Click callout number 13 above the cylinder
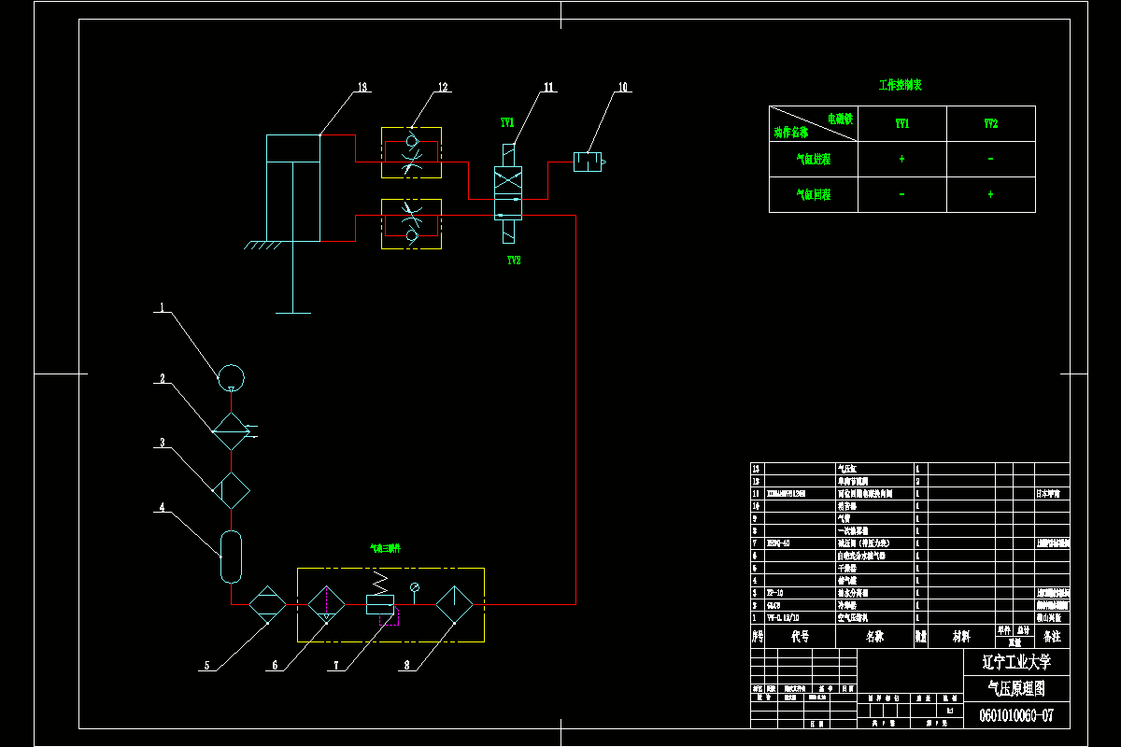[x=362, y=88]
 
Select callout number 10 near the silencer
[x=623, y=88]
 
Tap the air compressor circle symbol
[x=230, y=377]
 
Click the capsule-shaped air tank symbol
[x=230, y=557]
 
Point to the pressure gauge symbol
[x=415, y=586]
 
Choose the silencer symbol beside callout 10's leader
[x=588, y=162]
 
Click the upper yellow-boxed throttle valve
[x=411, y=153]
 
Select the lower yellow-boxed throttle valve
[x=411, y=223]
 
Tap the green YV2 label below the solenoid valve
[x=513, y=261]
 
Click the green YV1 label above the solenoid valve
[x=507, y=122]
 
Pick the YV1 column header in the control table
[x=901, y=123]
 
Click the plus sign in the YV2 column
[x=990, y=194]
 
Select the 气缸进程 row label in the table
[x=813, y=159]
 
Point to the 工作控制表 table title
[x=901, y=85]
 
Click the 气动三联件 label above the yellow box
[x=385, y=549]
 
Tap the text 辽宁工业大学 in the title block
[x=1016, y=663]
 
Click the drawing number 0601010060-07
[x=1016, y=716]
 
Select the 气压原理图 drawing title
[x=1016, y=689]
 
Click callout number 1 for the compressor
[x=161, y=306]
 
